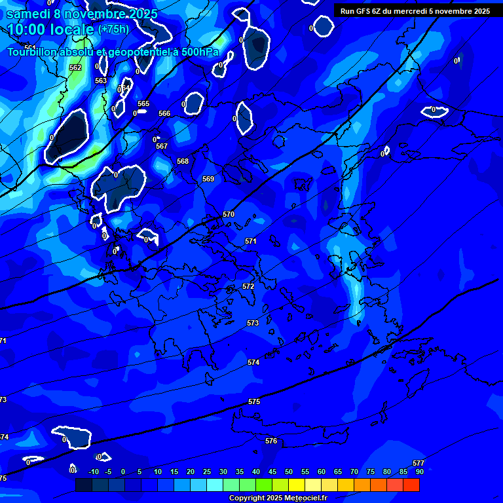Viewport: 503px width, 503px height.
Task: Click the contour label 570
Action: click(229, 214)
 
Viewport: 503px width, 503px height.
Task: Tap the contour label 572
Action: click(248, 286)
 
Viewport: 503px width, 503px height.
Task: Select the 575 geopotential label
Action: click(254, 401)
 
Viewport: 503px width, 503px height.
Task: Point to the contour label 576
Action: click(271, 441)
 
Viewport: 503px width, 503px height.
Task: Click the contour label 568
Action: click(183, 161)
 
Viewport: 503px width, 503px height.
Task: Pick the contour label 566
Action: click(164, 113)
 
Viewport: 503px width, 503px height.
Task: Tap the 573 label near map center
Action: click(253, 323)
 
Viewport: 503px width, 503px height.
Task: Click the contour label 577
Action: click(419, 463)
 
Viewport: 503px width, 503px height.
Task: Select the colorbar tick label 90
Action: click(419, 472)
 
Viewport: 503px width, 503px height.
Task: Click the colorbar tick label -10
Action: click(93, 472)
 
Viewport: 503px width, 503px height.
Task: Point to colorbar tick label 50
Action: click(288, 472)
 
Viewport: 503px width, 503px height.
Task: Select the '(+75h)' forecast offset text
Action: click(113, 29)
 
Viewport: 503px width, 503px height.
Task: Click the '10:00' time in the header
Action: click(26, 29)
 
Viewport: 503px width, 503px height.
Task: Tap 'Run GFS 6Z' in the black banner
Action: click(363, 11)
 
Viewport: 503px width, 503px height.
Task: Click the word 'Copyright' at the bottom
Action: click(247, 498)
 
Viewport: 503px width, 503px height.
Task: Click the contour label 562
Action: click(75, 67)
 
